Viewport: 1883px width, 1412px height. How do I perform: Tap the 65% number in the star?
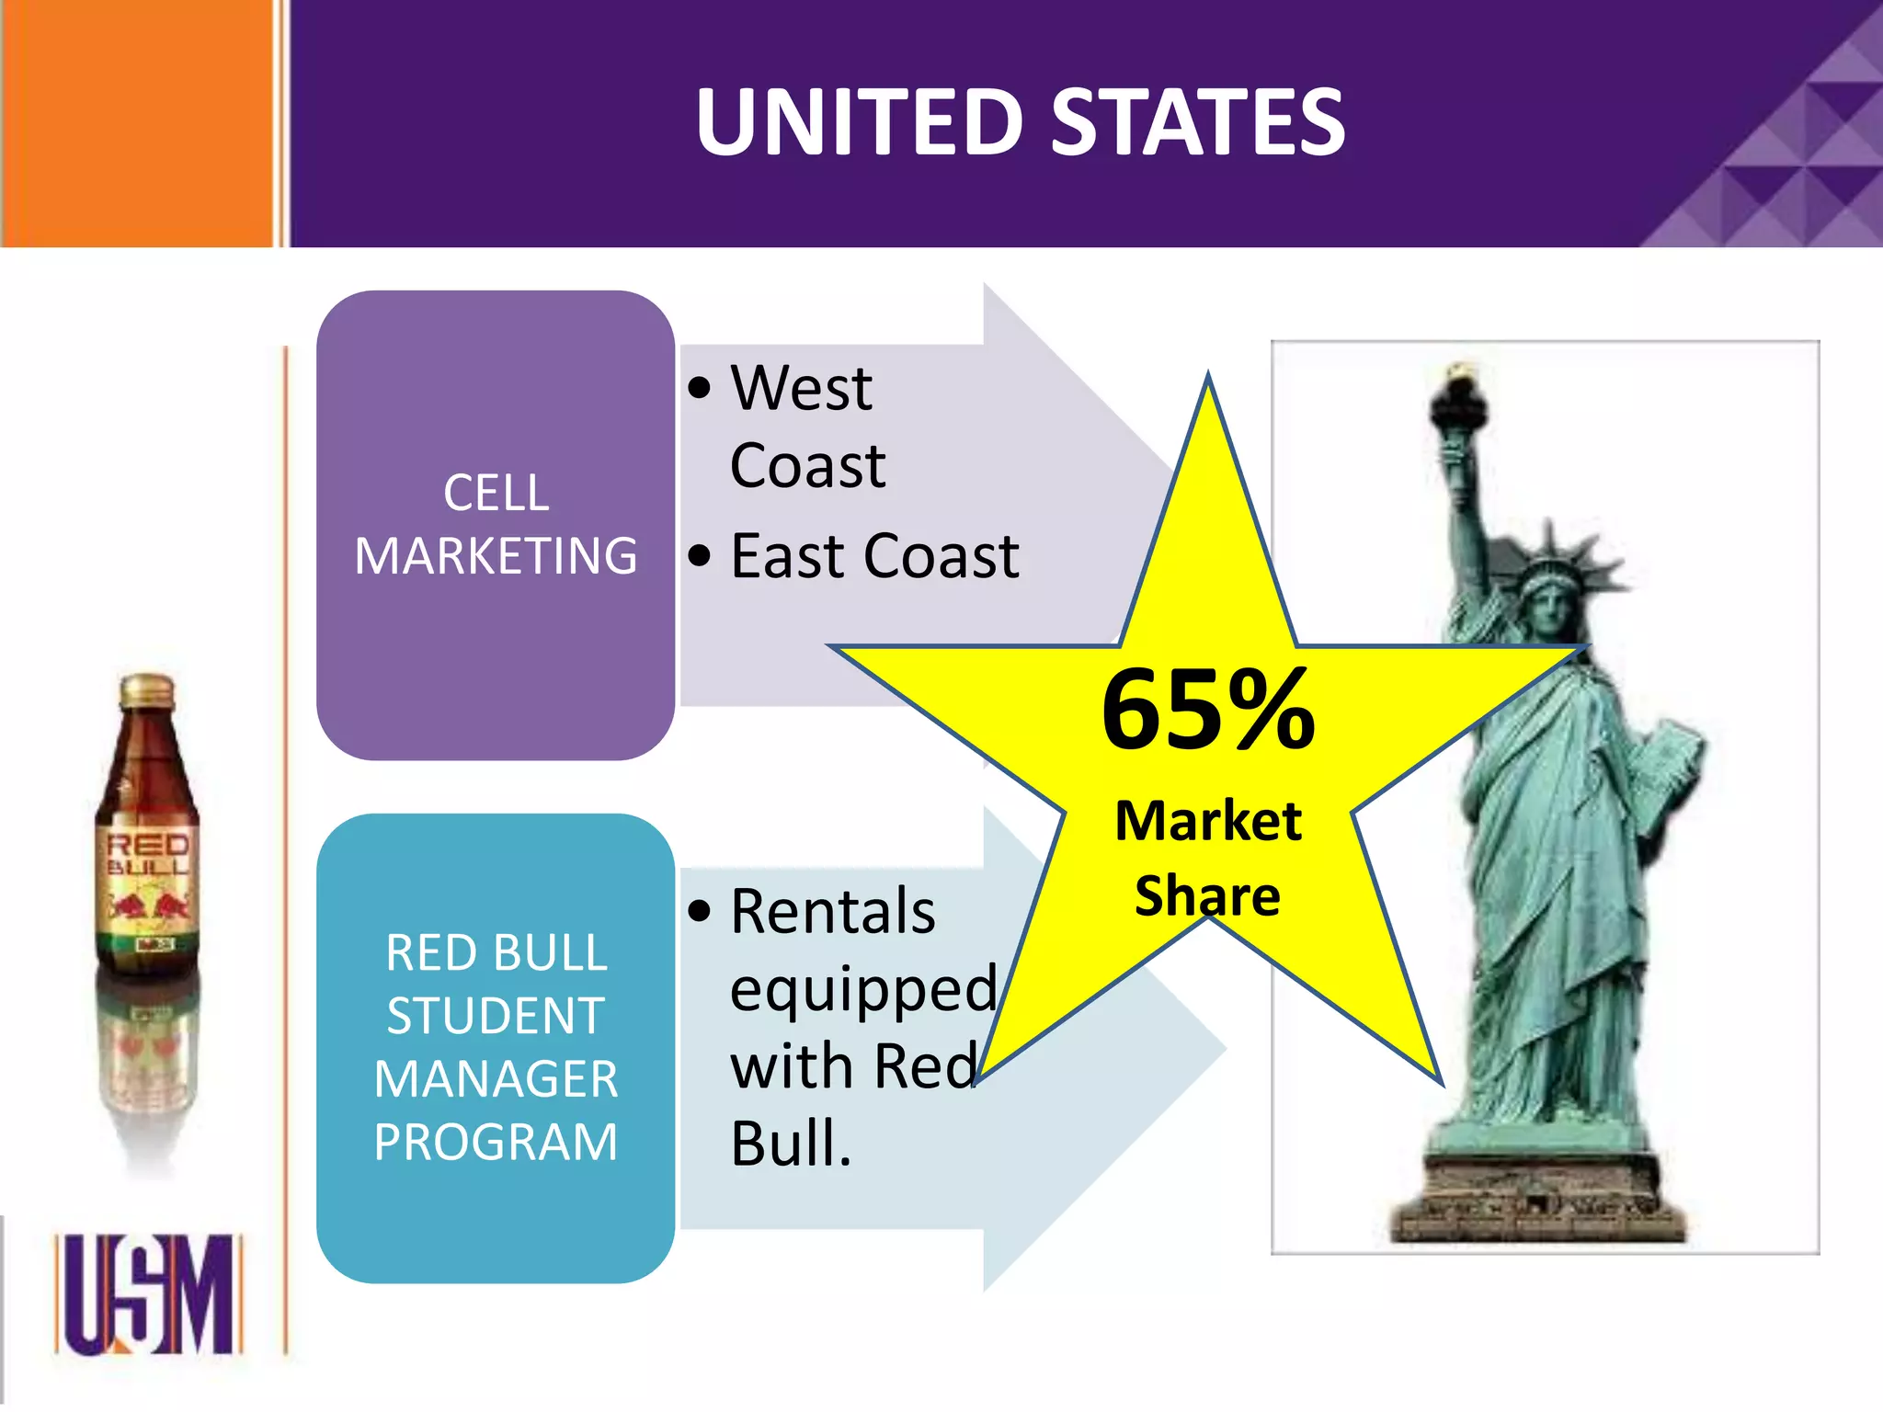tap(1208, 710)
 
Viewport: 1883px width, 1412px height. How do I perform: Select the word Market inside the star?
tap(1208, 820)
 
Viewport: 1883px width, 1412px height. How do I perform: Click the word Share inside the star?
tap(1207, 896)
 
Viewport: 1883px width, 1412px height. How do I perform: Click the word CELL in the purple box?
tap(496, 494)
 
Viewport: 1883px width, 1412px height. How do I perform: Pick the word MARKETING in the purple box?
tap(496, 556)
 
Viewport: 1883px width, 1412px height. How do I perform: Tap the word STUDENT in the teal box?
tap(496, 1016)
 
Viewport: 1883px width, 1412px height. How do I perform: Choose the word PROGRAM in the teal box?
tap(496, 1142)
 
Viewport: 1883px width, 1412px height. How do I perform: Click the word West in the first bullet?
tap(801, 388)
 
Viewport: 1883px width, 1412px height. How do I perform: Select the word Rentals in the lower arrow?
tap(832, 912)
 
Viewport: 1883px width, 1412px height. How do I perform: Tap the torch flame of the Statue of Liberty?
tap(1458, 372)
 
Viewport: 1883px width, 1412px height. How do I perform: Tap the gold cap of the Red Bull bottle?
tap(147, 689)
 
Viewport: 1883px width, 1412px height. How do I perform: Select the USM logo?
tap(148, 1294)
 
